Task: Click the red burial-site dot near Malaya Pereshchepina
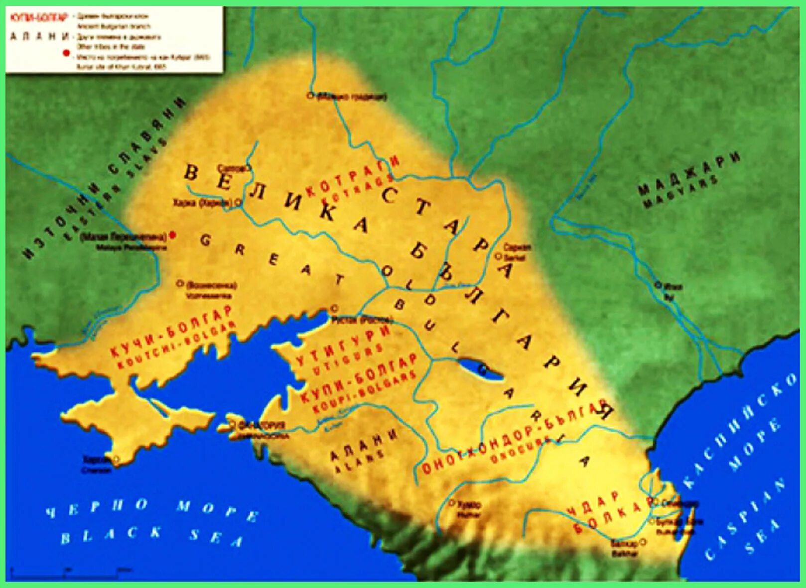coord(173,235)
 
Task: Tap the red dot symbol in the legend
coord(66,53)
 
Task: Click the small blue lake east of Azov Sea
coord(481,370)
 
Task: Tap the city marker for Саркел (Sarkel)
coord(498,256)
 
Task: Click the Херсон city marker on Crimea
coord(117,459)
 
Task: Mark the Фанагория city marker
coord(232,425)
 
